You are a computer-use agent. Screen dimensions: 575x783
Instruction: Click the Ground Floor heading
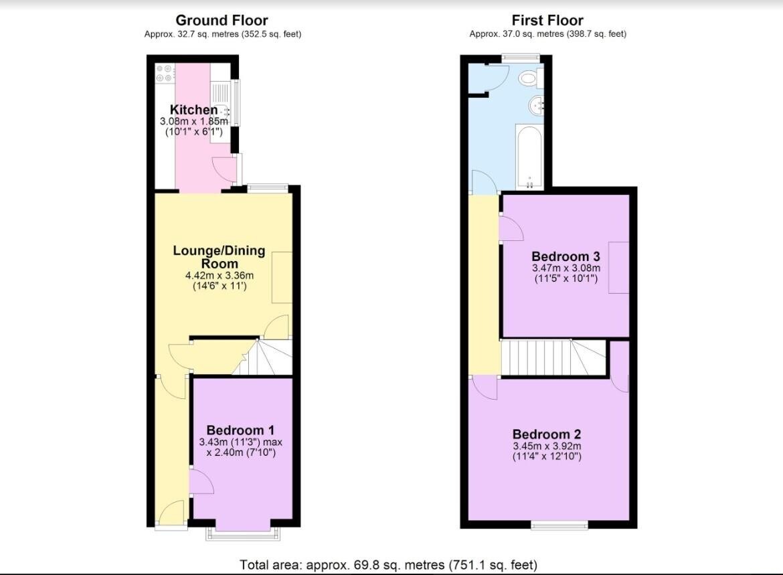pyautogui.click(x=222, y=20)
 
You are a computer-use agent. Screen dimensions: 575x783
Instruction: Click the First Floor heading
pyautogui.click(x=547, y=20)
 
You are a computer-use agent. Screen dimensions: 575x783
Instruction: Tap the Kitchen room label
pyautogui.click(x=193, y=110)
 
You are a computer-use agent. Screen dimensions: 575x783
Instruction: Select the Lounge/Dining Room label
pyautogui.click(x=219, y=257)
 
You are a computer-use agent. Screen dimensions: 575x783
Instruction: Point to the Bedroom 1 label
pyautogui.click(x=240, y=430)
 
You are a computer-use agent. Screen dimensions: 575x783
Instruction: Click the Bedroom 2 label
pyautogui.click(x=547, y=434)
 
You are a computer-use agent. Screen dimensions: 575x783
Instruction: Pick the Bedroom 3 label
pyautogui.click(x=565, y=256)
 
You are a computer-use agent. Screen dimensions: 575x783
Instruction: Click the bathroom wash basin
pyautogui.click(x=536, y=106)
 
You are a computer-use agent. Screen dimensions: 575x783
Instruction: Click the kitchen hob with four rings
pyautogui.click(x=165, y=73)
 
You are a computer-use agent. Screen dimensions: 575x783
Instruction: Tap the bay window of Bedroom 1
pyautogui.click(x=242, y=532)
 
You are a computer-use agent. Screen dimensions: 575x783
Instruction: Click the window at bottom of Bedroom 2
pyautogui.click(x=559, y=525)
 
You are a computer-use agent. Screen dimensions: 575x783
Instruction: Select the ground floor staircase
pyautogui.click(x=268, y=358)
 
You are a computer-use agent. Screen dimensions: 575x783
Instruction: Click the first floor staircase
pyautogui.click(x=552, y=358)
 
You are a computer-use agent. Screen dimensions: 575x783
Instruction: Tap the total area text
pyautogui.click(x=388, y=565)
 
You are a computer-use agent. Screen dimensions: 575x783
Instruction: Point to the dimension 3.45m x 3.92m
pyautogui.click(x=547, y=446)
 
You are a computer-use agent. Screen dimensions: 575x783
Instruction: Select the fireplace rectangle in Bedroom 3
pyautogui.click(x=618, y=267)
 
